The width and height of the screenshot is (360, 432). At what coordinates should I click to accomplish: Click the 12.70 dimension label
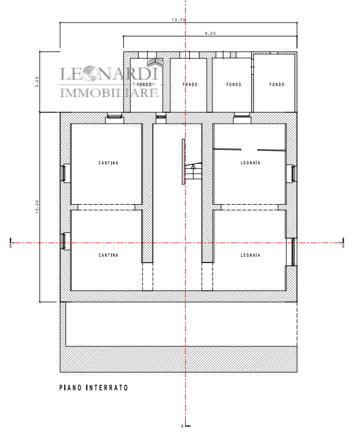click(x=179, y=20)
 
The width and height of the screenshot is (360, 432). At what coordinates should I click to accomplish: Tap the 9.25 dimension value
click(x=210, y=34)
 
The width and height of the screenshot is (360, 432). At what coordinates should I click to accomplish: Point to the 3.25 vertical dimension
click(x=37, y=82)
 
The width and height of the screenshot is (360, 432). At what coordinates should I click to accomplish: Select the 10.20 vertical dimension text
click(x=37, y=206)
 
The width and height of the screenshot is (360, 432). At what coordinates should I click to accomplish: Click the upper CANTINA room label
click(x=108, y=163)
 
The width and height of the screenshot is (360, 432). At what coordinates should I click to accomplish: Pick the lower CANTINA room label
click(x=108, y=256)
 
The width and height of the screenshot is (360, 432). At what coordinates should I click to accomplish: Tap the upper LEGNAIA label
click(x=250, y=163)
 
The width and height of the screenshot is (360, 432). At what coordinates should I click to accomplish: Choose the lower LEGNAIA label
click(x=250, y=255)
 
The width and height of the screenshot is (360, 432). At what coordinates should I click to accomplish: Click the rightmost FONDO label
click(x=277, y=84)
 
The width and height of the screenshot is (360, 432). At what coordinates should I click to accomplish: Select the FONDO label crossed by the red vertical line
click(x=190, y=84)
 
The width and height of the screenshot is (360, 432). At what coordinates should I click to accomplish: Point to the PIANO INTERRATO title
click(x=94, y=388)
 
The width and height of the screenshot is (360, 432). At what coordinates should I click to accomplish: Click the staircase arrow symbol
click(x=193, y=167)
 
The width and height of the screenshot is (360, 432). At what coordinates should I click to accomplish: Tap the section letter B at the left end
click(x=11, y=246)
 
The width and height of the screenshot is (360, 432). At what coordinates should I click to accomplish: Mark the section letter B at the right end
click(x=343, y=246)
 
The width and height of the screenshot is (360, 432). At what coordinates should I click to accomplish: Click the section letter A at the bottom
click(x=182, y=426)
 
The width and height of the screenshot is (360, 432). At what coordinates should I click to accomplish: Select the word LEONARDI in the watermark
click(x=109, y=74)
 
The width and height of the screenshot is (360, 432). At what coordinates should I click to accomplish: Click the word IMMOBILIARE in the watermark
click(x=109, y=93)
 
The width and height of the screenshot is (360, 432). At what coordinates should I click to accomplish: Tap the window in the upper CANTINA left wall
click(x=64, y=173)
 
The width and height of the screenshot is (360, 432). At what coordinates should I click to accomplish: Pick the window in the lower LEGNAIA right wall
click(x=293, y=252)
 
